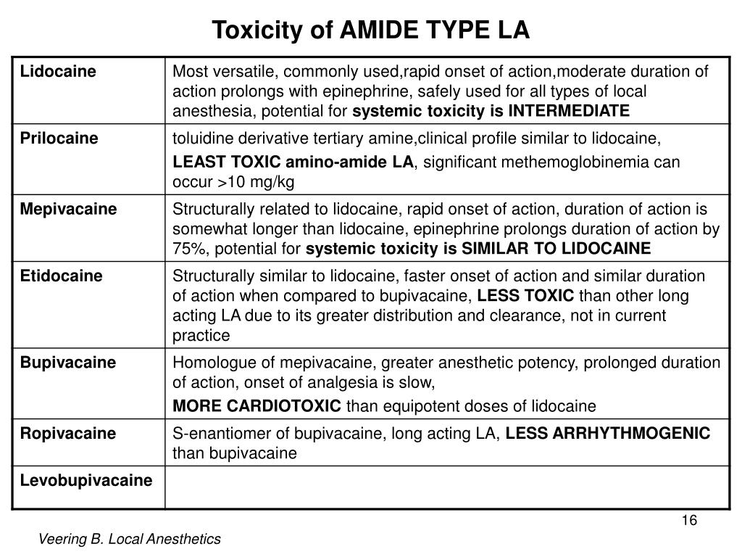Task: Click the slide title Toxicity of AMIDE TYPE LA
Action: point(371,30)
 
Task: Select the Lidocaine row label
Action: point(49,72)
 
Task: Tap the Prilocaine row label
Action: point(49,139)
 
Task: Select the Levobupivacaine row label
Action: point(86,480)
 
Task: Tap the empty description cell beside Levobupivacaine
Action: point(446,487)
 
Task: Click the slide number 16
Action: point(689,521)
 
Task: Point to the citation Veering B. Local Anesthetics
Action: point(130,539)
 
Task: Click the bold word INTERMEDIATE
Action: point(569,111)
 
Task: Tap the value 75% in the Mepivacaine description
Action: point(184,249)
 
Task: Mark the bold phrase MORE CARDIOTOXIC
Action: point(257,405)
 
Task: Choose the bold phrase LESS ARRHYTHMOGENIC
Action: point(607,434)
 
